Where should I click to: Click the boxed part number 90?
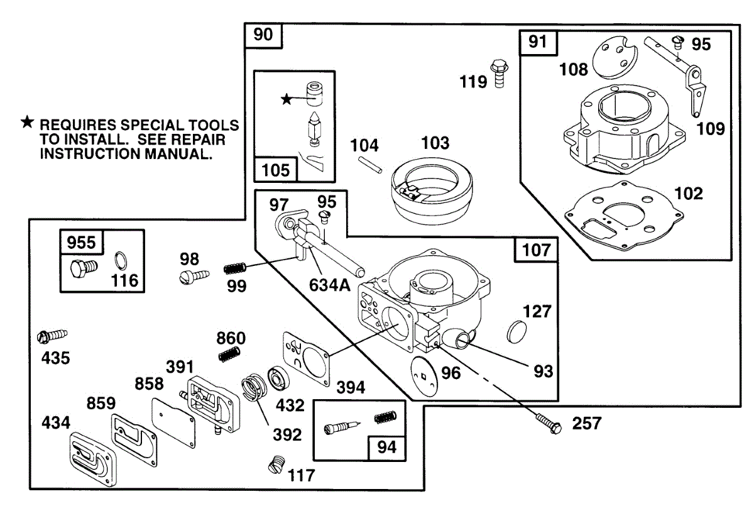(x=263, y=35)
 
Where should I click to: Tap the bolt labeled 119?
(x=499, y=73)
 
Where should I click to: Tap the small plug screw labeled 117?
(x=275, y=466)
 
